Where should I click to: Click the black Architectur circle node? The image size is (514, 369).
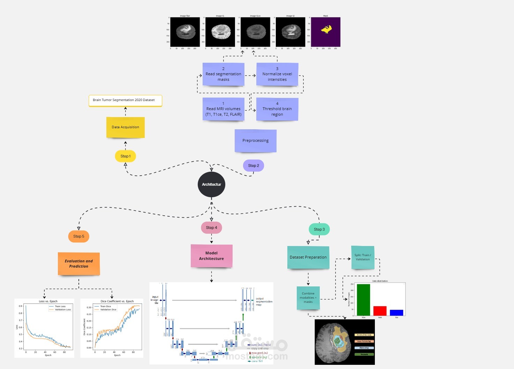coord(211,184)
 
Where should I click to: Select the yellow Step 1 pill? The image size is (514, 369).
coord(125,156)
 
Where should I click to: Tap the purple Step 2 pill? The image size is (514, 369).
coord(254,166)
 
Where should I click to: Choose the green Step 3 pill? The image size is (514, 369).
coord(319,229)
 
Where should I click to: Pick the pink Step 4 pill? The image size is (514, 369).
coord(211,228)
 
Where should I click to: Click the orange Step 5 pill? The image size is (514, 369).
coord(78,236)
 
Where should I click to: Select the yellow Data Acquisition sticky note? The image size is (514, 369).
coord(125,127)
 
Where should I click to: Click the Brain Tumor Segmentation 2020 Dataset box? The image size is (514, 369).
coord(125,100)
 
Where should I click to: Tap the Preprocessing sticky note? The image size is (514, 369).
coord(256,141)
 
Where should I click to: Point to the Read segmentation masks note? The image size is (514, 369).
coord(223,74)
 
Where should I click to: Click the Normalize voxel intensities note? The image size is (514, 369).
coord(277,74)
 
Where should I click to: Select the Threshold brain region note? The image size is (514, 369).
coord(277,109)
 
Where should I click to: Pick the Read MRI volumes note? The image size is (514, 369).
coord(223,109)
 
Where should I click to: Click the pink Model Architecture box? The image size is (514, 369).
coord(211,256)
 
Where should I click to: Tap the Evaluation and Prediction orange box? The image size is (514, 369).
coord(79,264)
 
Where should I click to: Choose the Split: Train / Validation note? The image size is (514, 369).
coord(363,257)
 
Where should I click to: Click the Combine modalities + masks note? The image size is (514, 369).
coord(308,298)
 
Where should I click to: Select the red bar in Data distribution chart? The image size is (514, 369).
coord(380,311)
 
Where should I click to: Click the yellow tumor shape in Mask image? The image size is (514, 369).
coord(326,30)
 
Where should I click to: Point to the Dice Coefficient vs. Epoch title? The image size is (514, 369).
coord(117,301)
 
